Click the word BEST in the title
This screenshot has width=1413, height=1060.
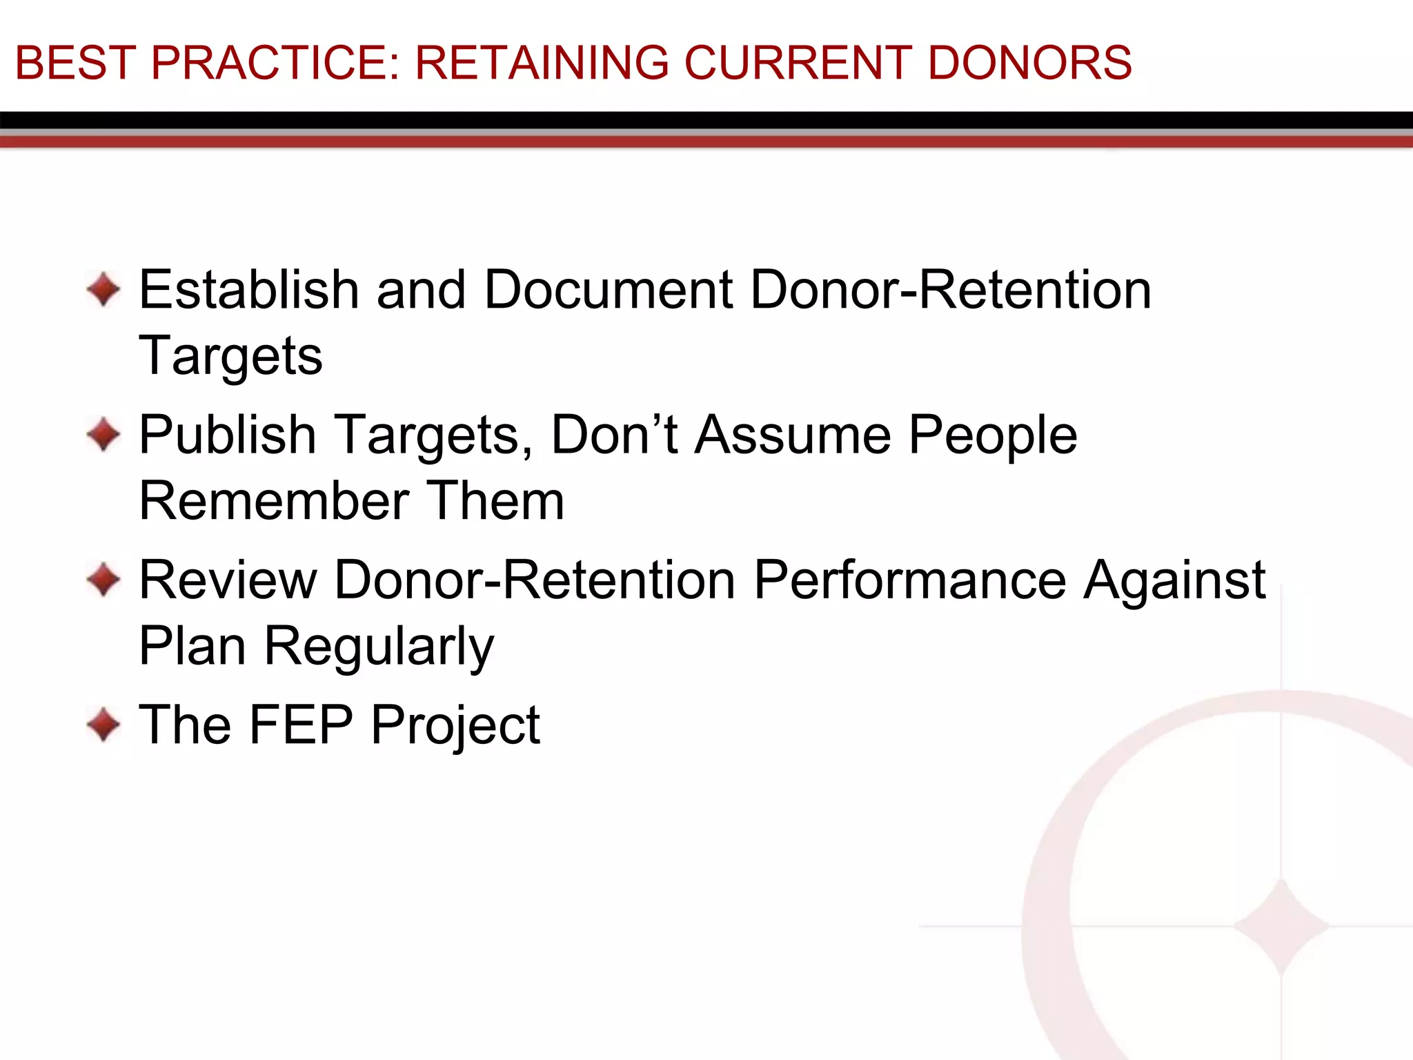(x=75, y=63)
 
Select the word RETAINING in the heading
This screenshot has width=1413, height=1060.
(x=542, y=63)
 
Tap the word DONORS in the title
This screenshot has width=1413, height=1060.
(x=1029, y=63)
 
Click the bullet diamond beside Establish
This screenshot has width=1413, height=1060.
(x=104, y=289)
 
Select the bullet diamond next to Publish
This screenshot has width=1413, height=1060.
(x=104, y=435)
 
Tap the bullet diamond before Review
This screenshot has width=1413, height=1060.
(x=104, y=580)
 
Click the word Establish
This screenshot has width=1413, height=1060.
(x=249, y=289)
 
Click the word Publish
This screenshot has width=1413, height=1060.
(x=228, y=435)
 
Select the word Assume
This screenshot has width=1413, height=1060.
(x=793, y=435)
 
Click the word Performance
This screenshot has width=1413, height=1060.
(x=910, y=580)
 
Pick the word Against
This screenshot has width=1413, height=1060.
(x=1174, y=580)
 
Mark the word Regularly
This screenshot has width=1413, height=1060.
(x=379, y=647)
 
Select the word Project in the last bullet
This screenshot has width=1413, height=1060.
(x=455, y=726)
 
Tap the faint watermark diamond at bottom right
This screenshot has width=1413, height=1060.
(x=1281, y=926)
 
